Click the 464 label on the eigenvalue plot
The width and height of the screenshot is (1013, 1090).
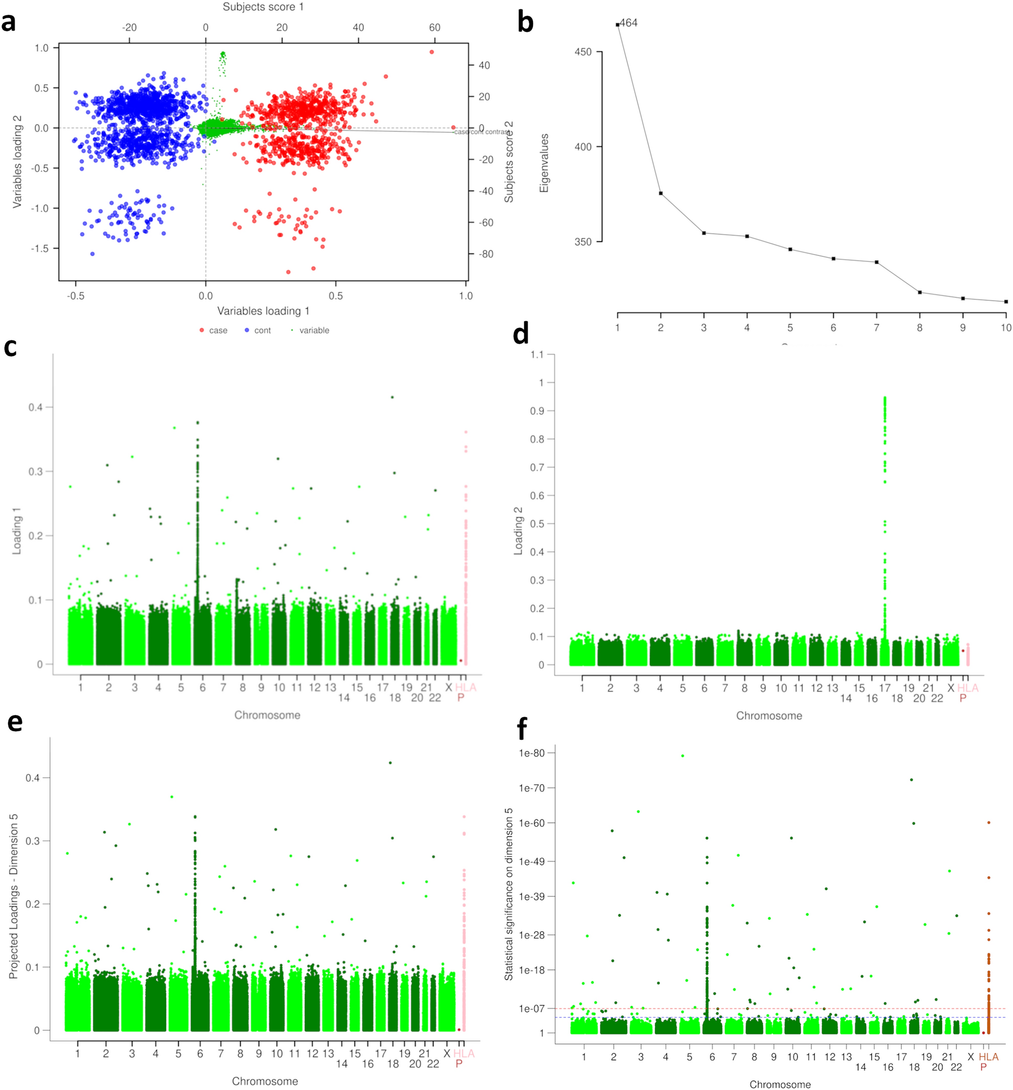629,23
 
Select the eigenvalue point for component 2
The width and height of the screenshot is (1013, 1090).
661,194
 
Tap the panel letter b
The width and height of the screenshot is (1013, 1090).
525,23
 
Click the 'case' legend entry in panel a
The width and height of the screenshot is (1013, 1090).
218,330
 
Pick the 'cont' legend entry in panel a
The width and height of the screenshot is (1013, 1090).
262,330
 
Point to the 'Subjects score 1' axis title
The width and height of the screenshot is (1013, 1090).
262,7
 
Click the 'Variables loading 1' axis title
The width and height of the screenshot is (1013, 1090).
263,312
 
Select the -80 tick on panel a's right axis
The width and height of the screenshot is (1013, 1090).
485,254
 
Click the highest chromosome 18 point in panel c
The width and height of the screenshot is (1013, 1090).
392,397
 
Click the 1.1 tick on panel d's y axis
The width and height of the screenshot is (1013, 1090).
537,355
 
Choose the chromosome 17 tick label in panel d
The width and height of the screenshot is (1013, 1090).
885,688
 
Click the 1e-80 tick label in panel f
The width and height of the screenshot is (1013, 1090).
532,753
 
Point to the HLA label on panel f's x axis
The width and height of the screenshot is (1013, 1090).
989,1057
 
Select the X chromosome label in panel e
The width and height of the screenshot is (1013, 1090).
447,1054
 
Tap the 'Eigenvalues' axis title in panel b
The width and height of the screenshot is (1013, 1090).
544,163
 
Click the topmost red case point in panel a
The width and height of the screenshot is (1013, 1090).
432,52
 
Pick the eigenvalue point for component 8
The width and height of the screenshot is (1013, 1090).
920,293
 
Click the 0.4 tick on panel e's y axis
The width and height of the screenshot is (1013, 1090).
33,778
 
